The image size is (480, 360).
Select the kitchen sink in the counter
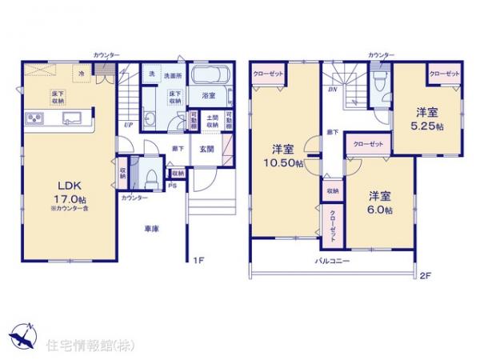70,120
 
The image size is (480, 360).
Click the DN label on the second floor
331,90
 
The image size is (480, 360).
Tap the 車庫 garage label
151,229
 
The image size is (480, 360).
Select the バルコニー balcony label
330,262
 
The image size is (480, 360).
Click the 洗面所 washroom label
173,75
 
